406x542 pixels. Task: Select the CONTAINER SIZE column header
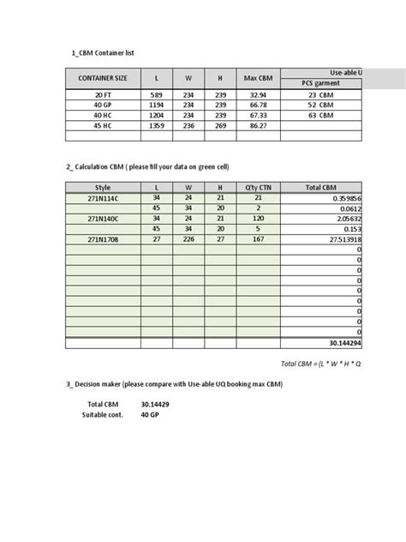[103, 78]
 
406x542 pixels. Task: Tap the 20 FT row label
[103, 94]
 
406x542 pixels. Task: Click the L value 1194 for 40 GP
[156, 105]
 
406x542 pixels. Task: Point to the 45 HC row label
[103, 124]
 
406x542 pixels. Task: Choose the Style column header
[103, 186]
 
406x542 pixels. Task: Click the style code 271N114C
[103, 197]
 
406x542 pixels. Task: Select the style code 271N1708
[103, 240]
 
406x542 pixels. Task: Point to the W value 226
[188, 240]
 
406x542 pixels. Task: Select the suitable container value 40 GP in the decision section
[151, 415]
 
